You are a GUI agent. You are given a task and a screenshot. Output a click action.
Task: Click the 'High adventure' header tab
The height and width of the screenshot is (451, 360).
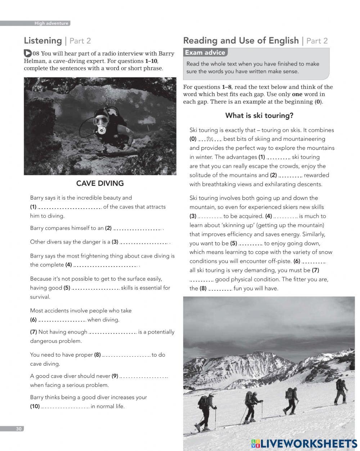tap(51, 23)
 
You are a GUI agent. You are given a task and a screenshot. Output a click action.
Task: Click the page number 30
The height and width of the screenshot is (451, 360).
tap(19, 429)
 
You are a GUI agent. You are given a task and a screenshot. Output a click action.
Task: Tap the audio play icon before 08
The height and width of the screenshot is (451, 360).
tap(28, 53)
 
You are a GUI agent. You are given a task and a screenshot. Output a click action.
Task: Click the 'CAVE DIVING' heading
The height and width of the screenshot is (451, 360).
tap(100, 183)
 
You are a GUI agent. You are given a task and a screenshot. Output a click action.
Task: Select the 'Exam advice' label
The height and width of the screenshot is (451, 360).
tap(205, 53)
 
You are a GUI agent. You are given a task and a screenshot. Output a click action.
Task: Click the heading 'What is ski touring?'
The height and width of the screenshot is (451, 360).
tap(259, 116)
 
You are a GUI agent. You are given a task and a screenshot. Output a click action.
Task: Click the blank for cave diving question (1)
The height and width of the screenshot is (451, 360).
tap(70, 207)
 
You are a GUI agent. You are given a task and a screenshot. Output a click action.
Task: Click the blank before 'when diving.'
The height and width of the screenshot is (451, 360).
tap(62, 320)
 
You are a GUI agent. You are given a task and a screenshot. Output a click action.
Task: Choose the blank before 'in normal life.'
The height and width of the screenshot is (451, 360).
tap(65, 407)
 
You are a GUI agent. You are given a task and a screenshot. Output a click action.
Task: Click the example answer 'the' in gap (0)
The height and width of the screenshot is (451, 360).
tap(210, 139)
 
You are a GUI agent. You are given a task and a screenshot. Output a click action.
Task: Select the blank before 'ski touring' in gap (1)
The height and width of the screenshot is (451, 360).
tap(278, 157)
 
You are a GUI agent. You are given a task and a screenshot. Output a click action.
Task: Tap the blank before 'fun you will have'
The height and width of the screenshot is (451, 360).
tap(220, 289)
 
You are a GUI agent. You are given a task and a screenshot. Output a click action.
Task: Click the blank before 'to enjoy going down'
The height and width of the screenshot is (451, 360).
tap(251, 244)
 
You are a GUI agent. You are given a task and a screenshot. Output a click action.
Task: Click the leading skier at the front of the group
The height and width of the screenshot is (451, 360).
tap(340, 391)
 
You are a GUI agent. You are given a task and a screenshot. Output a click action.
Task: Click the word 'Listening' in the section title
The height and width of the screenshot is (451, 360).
tap(43, 41)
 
